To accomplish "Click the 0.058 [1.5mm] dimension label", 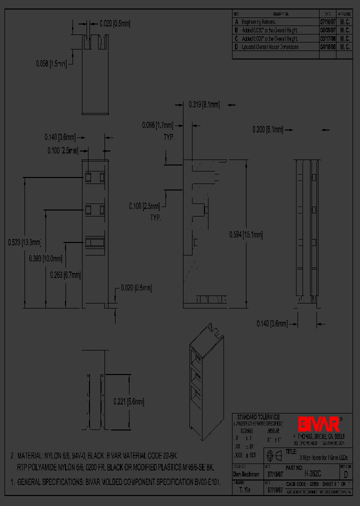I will click(x=51, y=63).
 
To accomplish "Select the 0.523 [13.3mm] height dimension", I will click(x=24, y=242).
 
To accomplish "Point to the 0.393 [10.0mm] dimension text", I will click(x=45, y=258).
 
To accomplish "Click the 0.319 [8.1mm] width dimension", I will click(x=203, y=104).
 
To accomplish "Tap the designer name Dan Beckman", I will click(x=246, y=473).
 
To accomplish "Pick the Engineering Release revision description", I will click(x=258, y=22).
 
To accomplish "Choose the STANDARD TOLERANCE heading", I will click(x=258, y=417).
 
